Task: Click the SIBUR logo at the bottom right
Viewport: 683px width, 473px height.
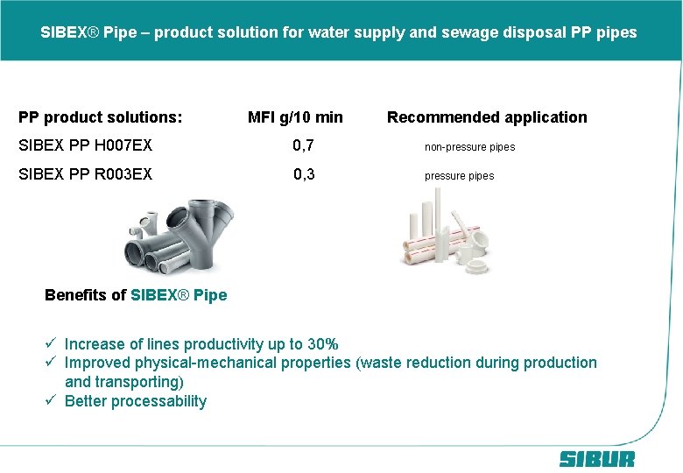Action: (x=596, y=459)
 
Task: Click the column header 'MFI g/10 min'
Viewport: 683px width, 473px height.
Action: (x=295, y=117)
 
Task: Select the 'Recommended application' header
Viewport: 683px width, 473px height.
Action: (x=487, y=117)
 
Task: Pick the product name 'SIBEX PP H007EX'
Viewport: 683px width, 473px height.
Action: (x=86, y=145)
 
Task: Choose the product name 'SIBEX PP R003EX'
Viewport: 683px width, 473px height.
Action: (x=86, y=174)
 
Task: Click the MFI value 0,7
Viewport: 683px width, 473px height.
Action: (x=304, y=145)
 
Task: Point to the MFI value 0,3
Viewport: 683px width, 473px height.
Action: (x=304, y=174)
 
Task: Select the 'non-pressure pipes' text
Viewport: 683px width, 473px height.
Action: (x=469, y=147)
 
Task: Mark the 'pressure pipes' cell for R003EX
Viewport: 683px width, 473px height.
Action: (x=459, y=176)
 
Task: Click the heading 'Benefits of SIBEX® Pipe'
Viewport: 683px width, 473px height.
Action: (x=136, y=295)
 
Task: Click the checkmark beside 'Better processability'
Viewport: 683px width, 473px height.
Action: (x=52, y=401)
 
